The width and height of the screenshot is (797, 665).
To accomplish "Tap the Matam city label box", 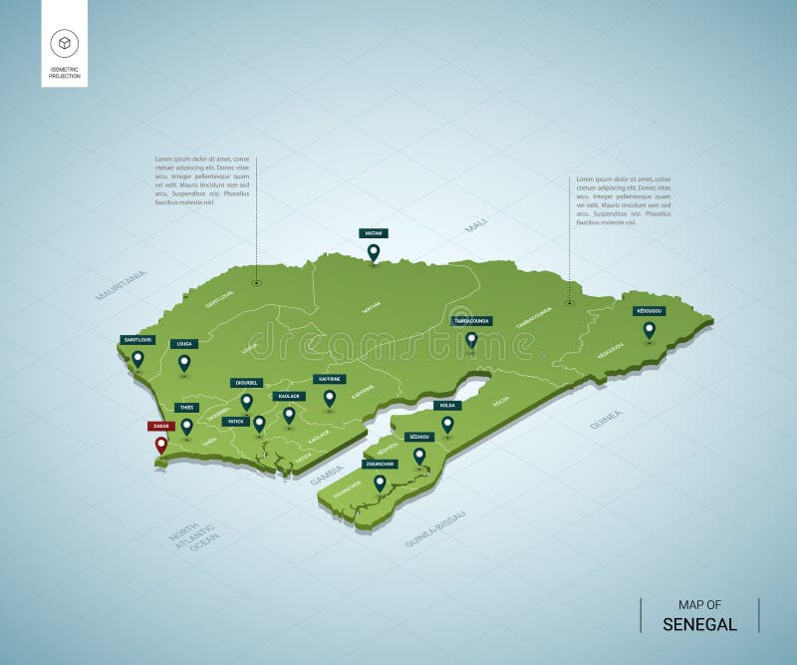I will [373, 232].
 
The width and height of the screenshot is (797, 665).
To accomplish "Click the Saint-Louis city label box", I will [136, 339].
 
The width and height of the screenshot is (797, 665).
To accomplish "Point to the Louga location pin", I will [184, 363].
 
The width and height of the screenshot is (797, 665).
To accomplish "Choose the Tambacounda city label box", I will [471, 321].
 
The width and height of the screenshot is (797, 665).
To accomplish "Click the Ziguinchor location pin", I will [379, 484].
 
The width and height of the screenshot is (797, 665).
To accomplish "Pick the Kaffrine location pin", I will [329, 398].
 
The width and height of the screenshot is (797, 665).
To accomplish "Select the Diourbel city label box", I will [245, 382].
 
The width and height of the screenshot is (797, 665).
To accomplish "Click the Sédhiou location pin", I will [419, 456].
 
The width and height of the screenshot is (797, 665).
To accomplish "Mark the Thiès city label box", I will [186, 408].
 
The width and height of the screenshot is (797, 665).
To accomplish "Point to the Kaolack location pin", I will [289, 414].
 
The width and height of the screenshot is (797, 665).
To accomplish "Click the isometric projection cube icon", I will [64, 42].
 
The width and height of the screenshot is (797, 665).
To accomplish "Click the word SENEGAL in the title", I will [700, 625].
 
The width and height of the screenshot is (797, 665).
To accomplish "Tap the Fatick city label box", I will [235, 422].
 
